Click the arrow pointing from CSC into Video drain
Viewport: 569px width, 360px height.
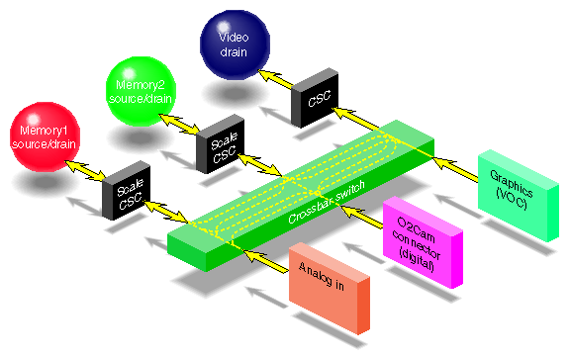[x=280, y=78]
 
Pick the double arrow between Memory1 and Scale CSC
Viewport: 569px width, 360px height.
[x=87, y=169]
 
